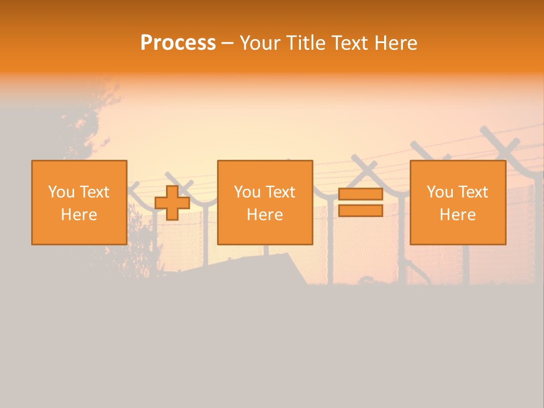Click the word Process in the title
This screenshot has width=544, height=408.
[x=178, y=42]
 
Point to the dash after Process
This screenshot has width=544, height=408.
[x=227, y=43]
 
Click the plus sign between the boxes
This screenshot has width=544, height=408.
[x=172, y=202]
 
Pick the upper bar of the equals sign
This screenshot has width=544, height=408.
[x=360, y=194]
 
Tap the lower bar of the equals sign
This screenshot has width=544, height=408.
[x=360, y=210]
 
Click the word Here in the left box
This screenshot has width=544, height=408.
[x=79, y=215]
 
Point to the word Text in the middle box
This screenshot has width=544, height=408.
[x=280, y=192]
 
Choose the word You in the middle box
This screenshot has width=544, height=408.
[x=247, y=192]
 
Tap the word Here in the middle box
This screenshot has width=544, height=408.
[x=265, y=215]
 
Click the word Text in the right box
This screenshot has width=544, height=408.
[x=473, y=192]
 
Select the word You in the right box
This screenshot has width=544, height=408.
[x=440, y=192]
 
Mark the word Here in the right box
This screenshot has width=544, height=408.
[x=457, y=215]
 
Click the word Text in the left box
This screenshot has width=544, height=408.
[x=95, y=192]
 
